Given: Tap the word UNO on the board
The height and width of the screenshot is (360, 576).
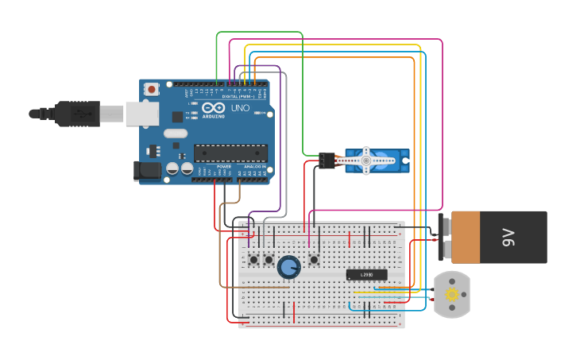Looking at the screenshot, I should click(x=240, y=107).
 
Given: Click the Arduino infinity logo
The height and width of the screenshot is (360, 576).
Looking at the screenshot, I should click(x=213, y=107).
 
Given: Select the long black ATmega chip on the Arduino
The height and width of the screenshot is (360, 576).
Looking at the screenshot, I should click(x=230, y=153).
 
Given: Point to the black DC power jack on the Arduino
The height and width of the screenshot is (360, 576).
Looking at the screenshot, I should click(x=147, y=169).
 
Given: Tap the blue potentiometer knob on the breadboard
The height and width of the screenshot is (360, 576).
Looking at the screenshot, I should click(x=289, y=267).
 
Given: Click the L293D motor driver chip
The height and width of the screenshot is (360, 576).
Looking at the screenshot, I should click(x=366, y=275).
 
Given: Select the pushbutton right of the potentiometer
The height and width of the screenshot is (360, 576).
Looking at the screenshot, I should click(x=314, y=259).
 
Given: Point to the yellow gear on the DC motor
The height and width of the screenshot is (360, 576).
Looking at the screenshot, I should click(x=452, y=295).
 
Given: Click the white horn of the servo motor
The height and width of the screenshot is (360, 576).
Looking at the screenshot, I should click(x=366, y=161).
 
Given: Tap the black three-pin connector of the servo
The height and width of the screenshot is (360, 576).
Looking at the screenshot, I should click(x=327, y=161).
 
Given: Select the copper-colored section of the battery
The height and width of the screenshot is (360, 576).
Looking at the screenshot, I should click(x=466, y=237).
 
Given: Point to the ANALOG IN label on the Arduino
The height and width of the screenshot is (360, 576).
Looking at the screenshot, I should click(x=255, y=166).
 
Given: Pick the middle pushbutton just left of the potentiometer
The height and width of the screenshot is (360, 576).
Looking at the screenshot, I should click(x=269, y=260).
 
